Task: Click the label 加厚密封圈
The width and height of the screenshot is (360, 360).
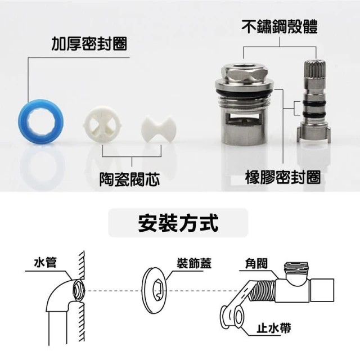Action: click(x=89, y=43)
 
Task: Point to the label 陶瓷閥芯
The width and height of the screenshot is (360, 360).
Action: click(x=129, y=179)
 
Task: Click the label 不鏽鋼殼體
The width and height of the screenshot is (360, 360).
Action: click(x=280, y=27)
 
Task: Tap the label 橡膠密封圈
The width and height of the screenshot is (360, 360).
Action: click(x=282, y=177)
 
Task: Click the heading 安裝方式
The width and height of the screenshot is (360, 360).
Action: click(x=178, y=223)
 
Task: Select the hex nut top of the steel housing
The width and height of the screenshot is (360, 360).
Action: click(x=244, y=71)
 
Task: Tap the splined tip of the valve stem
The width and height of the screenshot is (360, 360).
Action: click(x=315, y=69)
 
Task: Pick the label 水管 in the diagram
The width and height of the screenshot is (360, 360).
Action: click(x=45, y=263)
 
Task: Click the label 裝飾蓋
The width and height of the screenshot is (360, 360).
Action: click(x=194, y=263)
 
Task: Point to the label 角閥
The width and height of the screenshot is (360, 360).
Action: click(x=256, y=263)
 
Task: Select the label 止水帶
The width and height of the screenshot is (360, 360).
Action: click(x=274, y=327)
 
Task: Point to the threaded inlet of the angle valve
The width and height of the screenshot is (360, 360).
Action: click(x=263, y=291)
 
